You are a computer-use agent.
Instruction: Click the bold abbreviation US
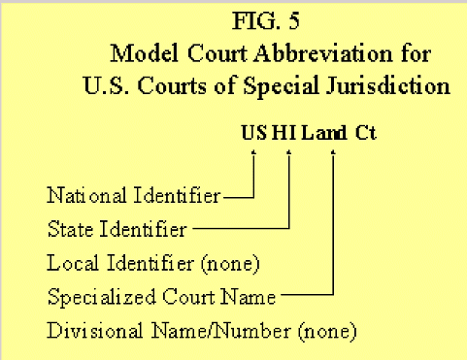click(x=253, y=132)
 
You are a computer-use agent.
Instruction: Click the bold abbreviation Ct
click(x=364, y=132)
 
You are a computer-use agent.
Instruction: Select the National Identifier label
click(x=134, y=196)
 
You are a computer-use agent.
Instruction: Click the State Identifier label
click(x=117, y=230)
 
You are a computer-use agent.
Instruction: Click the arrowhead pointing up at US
click(x=253, y=152)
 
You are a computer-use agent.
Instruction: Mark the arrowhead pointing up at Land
click(x=333, y=152)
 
